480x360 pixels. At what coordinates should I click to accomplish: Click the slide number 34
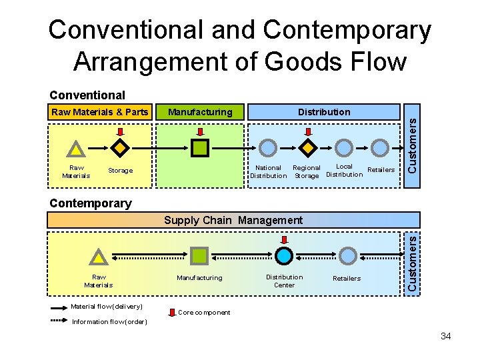click(x=445, y=336)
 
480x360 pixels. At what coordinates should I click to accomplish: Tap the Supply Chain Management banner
click(x=233, y=220)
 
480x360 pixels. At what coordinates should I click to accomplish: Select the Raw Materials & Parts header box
click(x=100, y=112)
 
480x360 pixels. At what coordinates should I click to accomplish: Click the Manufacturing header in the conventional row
click(x=200, y=112)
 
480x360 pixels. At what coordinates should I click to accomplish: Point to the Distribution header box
click(x=324, y=112)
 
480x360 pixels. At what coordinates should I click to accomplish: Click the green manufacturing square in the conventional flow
click(x=200, y=147)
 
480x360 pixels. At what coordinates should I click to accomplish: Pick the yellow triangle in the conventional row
click(x=77, y=149)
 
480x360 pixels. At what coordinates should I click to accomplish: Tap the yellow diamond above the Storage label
click(x=119, y=147)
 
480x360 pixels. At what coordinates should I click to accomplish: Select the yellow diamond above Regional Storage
click(x=307, y=147)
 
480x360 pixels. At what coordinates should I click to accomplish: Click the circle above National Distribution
click(x=267, y=147)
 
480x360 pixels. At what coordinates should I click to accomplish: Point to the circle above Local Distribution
click(x=343, y=147)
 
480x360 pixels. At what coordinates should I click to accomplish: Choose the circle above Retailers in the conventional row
click(x=379, y=147)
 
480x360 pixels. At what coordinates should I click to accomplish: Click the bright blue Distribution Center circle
click(x=285, y=255)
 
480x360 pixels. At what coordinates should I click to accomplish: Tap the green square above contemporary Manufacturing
click(x=199, y=255)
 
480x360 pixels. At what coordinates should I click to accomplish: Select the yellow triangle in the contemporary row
click(x=99, y=257)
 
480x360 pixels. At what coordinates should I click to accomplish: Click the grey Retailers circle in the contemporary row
click(x=348, y=255)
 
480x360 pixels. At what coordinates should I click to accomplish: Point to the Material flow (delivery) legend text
click(x=107, y=307)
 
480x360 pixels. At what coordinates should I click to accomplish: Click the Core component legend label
click(x=204, y=312)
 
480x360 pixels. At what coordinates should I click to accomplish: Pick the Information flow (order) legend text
click(x=109, y=322)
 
